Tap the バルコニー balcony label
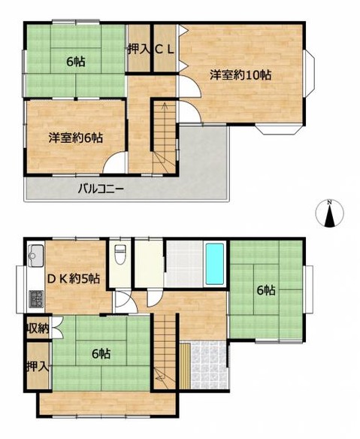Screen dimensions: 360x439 (101, 189)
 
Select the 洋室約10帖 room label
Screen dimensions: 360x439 (241, 75)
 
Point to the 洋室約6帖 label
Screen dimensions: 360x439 (76, 138)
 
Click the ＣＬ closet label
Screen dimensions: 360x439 (165, 50)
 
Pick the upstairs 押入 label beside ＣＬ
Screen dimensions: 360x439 (139, 50)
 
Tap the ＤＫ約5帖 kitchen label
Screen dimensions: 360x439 (73, 279)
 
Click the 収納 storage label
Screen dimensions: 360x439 (38, 328)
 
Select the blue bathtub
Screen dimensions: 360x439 (215, 263)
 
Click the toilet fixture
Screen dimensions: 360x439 (119, 254)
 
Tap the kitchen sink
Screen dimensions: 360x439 (35, 256)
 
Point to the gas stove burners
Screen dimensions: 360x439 (36, 299)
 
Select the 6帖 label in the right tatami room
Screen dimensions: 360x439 (266, 291)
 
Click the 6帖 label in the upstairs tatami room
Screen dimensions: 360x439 (76, 62)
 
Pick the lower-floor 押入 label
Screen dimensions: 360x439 (38, 367)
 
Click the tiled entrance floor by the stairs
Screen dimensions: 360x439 (208, 365)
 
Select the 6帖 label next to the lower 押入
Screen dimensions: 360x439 (101, 354)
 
